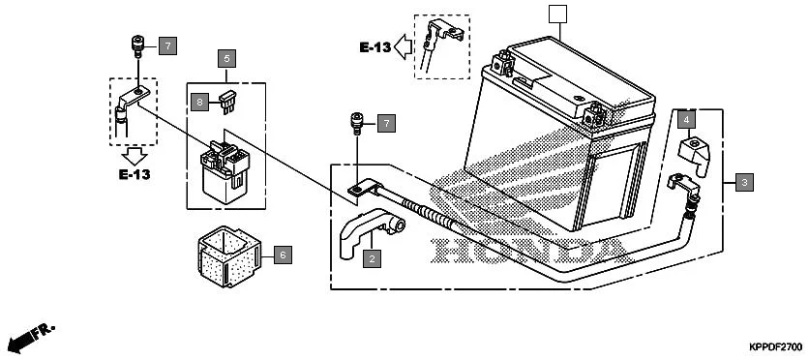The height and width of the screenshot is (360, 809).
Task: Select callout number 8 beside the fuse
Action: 200,101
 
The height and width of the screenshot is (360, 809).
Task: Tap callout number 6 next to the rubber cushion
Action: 282,255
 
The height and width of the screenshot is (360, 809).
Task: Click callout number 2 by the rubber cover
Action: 372,258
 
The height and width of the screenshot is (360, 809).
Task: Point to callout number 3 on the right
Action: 744,181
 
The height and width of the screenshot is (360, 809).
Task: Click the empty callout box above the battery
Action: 556,15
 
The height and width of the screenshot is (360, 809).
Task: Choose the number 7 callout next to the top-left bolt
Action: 167,45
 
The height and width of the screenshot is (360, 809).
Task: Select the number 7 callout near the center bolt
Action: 385,123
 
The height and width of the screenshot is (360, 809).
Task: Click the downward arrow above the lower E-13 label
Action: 135,154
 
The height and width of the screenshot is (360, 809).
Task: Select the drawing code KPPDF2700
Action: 775,345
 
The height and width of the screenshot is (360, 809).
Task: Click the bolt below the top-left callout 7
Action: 137,45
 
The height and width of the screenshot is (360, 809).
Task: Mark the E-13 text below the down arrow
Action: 135,175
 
